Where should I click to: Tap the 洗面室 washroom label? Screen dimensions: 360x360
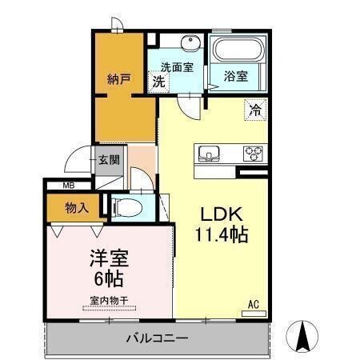pyautogui.click(x=176, y=67)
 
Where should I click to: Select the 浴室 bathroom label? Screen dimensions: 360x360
pyautogui.click(x=235, y=77)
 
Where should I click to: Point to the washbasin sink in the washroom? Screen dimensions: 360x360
pyautogui.click(x=190, y=44)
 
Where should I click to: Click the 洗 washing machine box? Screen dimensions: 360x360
pyautogui.click(x=160, y=81)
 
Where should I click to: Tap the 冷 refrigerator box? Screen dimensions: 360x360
pyautogui.click(x=255, y=110)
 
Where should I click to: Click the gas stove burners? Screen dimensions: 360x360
pyautogui.click(x=254, y=152)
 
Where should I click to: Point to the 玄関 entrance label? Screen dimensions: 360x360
pyautogui.click(x=110, y=159)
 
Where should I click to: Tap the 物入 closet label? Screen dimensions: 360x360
pyautogui.click(x=77, y=208)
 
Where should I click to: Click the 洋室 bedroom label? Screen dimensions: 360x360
pyautogui.click(x=106, y=259)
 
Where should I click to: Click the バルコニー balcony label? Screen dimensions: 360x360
pyautogui.click(x=157, y=338)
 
